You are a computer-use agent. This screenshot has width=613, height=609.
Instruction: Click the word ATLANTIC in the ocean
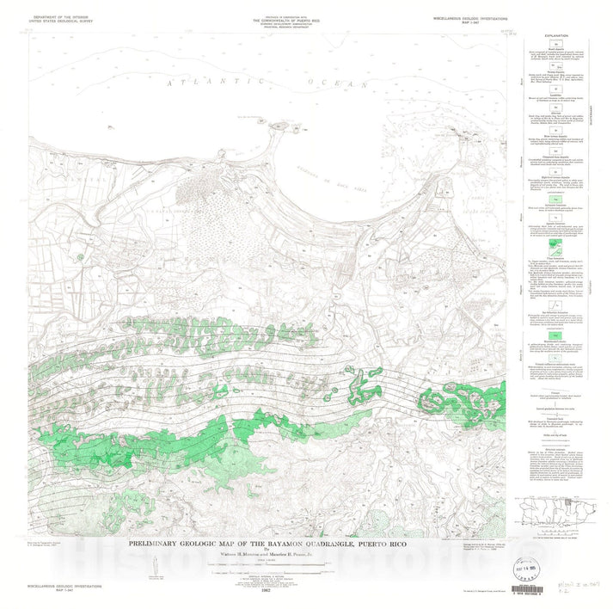point(205,81)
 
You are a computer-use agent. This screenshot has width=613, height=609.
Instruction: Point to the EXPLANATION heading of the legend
point(557,36)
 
